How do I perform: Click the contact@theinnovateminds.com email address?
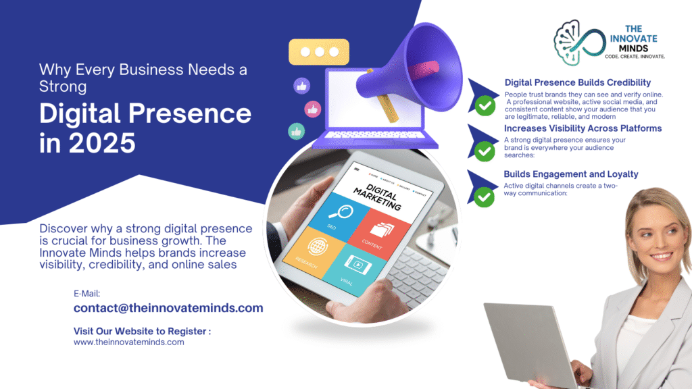click(168, 308)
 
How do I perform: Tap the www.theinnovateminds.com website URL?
click(128, 342)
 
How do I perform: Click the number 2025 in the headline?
click(97, 143)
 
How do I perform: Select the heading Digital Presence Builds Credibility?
click(577, 82)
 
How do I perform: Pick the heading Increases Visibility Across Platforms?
click(583, 128)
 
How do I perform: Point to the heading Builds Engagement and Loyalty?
click(571, 174)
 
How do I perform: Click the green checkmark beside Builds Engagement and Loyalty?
click(484, 197)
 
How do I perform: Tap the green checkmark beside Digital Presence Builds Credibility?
click(484, 106)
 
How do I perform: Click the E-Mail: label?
click(87, 293)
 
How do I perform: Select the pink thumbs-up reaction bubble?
click(312, 108)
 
